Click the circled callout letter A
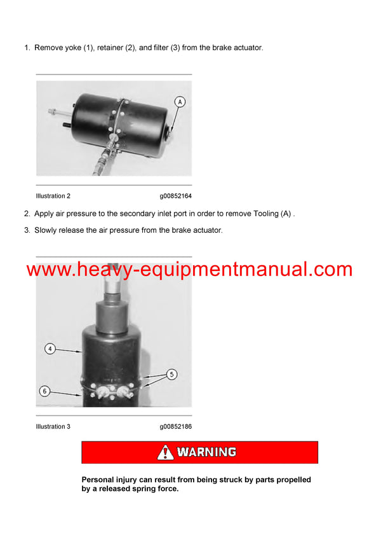coord(180,102)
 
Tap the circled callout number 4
coord(50,349)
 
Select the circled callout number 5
coord(171,375)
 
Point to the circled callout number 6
coord(44,391)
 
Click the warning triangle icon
coord(165,452)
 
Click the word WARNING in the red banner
coord(206,452)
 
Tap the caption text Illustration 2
coord(53,196)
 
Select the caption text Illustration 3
coord(53,426)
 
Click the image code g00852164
coord(176,197)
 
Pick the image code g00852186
coord(176,427)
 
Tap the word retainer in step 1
coord(110,48)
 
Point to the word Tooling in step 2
coord(266,214)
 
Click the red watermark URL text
coord(189,269)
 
